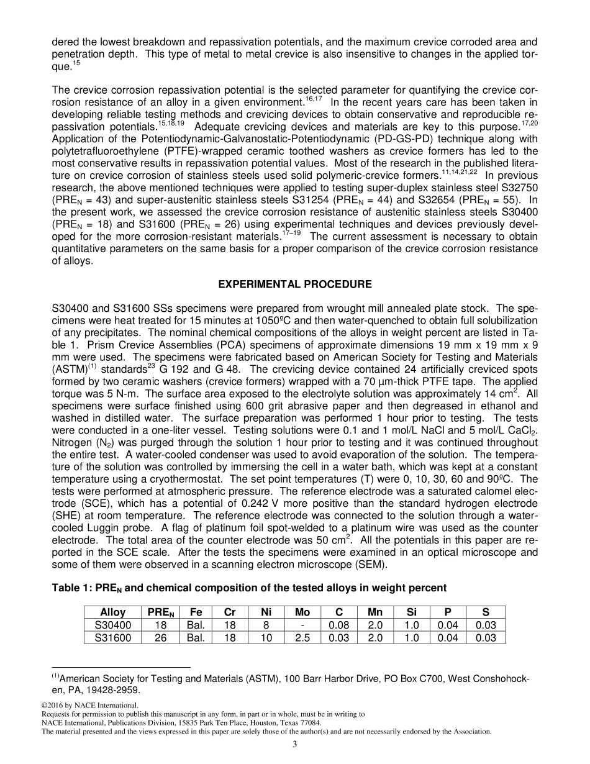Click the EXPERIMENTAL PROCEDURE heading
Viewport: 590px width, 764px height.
pos(295,284)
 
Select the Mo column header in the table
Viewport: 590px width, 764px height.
pos(302,612)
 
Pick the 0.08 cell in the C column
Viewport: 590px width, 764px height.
pos(338,625)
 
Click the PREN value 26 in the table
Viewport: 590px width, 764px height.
pos(160,638)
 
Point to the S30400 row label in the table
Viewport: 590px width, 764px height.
pos(112,625)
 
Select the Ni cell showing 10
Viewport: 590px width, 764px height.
pos(266,638)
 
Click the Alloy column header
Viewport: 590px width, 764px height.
pos(112,612)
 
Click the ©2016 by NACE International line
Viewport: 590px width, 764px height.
pos(89,705)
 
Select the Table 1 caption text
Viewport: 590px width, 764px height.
pos(249,588)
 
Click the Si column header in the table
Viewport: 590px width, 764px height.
pos(412,612)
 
